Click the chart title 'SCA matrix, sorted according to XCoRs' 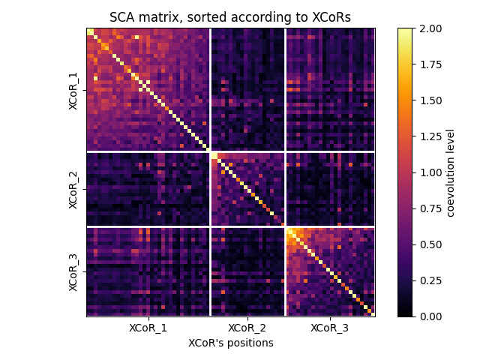pyautogui.click(x=230, y=17)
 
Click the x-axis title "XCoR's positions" pyautogui.click(x=230, y=343)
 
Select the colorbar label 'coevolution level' pyautogui.click(x=451, y=172)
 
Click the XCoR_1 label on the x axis pyautogui.click(x=148, y=328)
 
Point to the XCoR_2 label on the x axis pyautogui.click(x=247, y=328)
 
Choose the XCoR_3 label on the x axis pyautogui.click(x=329, y=328)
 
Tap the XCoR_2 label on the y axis pyautogui.click(x=73, y=189)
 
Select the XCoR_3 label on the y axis pyautogui.click(x=73, y=271)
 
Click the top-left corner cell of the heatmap pyautogui.click(x=90, y=31)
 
